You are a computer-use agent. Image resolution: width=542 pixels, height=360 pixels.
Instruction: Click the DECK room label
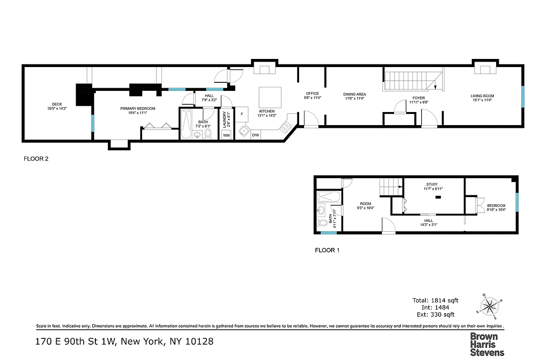tap(57, 104)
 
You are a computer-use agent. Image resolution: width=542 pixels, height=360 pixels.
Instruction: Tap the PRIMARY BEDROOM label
tap(138, 108)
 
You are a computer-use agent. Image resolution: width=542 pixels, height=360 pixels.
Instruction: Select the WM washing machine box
tap(226, 135)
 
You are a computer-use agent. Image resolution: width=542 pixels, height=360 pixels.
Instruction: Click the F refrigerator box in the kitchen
tap(242, 114)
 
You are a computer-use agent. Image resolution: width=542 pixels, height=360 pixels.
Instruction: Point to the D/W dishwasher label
tap(255, 135)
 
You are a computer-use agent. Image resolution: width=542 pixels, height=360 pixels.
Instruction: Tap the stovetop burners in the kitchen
tap(286, 127)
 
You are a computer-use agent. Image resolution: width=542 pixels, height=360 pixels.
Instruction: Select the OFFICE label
tap(312, 94)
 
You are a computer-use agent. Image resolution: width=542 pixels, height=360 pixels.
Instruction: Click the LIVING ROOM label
tap(482, 96)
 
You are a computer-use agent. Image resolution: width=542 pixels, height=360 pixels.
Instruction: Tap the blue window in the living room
tap(523, 97)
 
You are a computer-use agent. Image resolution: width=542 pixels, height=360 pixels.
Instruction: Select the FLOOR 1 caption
tap(327, 250)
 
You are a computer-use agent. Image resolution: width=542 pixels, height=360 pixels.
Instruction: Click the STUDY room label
tap(432, 184)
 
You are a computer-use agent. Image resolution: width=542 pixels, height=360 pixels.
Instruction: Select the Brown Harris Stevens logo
tap(487, 344)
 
